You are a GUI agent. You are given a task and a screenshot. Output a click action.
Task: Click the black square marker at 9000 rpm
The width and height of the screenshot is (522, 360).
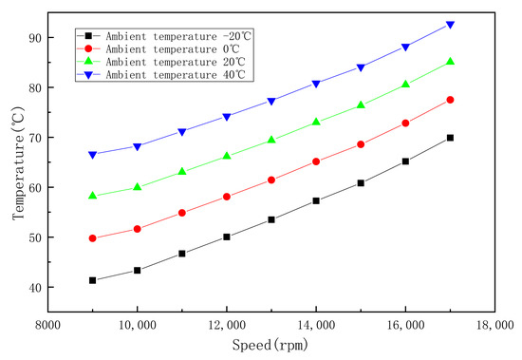[x=93, y=280]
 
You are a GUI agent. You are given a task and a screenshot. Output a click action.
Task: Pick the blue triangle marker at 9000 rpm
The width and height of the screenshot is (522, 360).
[x=93, y=154]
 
